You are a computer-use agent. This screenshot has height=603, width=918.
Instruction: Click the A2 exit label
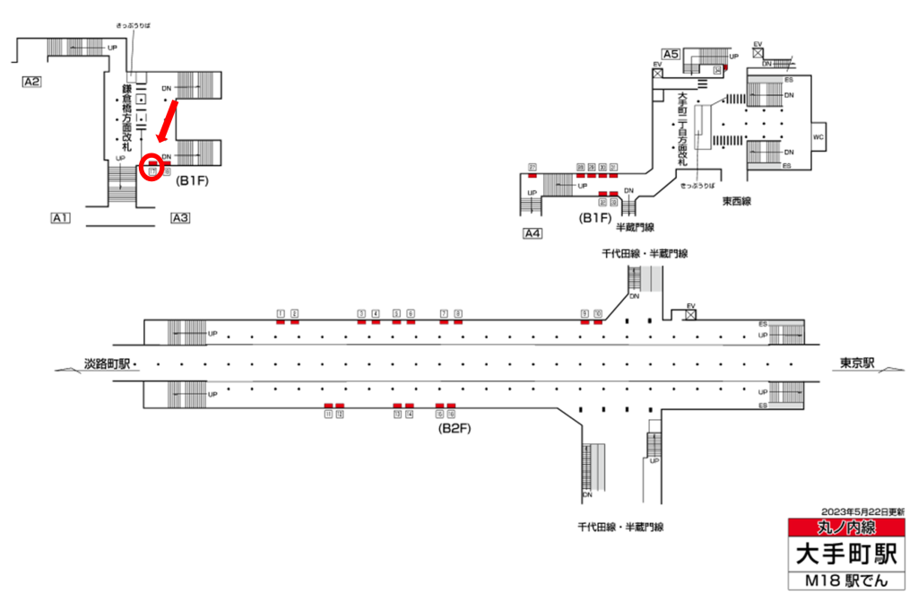tap(32, 82)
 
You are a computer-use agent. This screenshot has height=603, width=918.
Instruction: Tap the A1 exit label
tap(61, 217)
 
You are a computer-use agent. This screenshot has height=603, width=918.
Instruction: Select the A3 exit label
tap(179, 217)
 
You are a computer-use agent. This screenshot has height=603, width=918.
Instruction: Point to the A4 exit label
tap(533, 234)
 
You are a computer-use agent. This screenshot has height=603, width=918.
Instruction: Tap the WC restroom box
tap(818, 137)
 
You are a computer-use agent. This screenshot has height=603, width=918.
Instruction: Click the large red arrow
tap(168, 120)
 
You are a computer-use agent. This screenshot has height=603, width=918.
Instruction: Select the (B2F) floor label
tap(455, 428)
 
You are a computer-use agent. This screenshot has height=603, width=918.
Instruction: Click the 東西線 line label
tap(740, 202)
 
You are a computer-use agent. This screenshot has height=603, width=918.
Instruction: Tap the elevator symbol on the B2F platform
tap(690, 314)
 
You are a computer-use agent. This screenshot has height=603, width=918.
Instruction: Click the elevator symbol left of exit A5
tap(657, 73)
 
